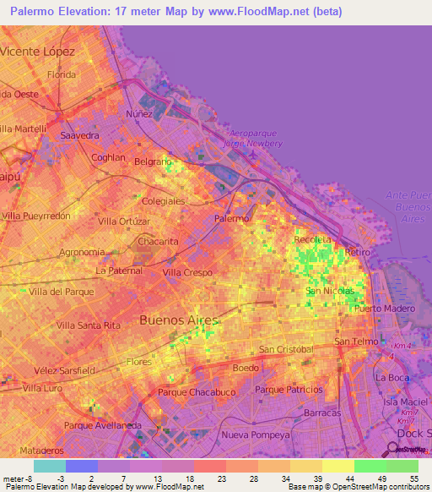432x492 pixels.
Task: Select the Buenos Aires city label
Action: point(178,320)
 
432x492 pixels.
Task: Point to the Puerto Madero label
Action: point(386,309)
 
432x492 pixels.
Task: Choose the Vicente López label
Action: point(39,52)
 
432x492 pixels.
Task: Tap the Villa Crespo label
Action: point(186,272)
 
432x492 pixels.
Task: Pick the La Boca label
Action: point(391,377)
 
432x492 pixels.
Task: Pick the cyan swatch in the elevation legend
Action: point(49,466)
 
